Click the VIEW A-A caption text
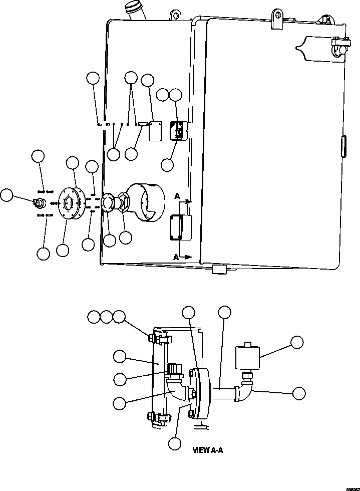[208, 450]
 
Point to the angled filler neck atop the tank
[135, 11]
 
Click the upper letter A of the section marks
[177, 197]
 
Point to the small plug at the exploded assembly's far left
[38, 202]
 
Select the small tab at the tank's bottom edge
[219, 269]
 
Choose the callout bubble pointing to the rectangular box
[297, 342]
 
